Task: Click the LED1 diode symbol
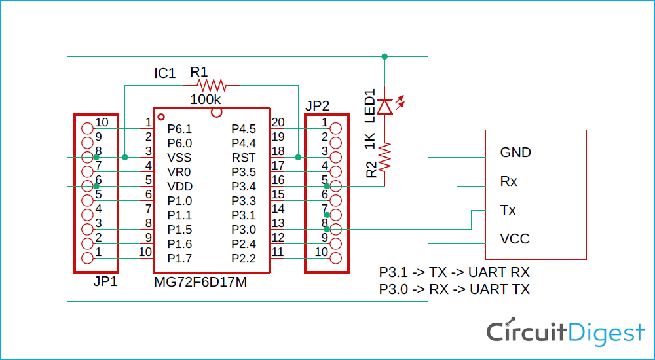384,106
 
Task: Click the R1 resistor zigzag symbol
212,85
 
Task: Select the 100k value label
206,99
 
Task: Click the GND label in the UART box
515,153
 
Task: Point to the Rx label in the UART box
508,181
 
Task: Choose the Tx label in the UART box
508,210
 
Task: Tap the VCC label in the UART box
514,239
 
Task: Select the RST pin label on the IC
244,158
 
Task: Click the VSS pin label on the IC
179,158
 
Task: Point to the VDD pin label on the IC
179,187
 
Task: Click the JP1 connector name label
105,282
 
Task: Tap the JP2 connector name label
318,105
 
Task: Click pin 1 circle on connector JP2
336,128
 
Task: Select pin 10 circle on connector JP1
87,128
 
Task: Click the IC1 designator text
164,73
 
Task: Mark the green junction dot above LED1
384,56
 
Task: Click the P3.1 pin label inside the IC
244,215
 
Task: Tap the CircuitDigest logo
565,333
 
